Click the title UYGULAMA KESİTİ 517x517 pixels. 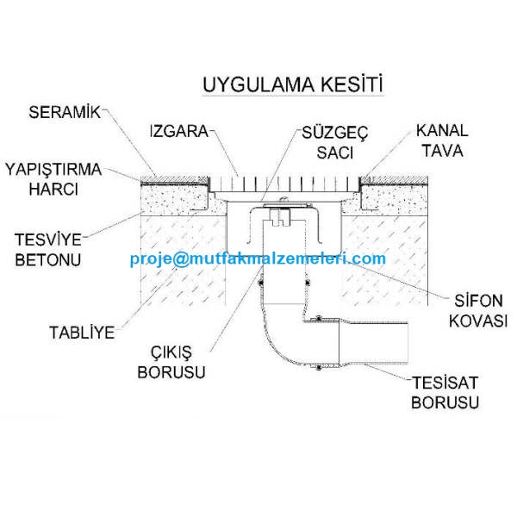click(x=293, y=84)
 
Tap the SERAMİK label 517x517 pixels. click(x=65, y=112)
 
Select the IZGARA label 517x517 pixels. click(x=179, y=131)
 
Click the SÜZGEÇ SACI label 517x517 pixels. click(x=334, y=142)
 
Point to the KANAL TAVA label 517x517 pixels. click(x=442, y=140)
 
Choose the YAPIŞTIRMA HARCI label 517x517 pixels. click(x=53, y=179)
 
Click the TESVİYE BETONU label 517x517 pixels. click(x=48, y=250)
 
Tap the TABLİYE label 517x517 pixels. click(x=82, y=333)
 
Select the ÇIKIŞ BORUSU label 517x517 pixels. click(x=171, y=362)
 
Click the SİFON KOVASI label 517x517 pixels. click(x=478, y=310)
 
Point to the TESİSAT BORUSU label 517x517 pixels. click(x=445, y=392)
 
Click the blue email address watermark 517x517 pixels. click(x=258, y=258)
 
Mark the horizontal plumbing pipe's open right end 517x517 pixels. click(x=408, y=343)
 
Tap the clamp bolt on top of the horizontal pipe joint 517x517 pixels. click(x=319, y=318)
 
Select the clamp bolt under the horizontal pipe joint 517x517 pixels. click(x=319, y=368)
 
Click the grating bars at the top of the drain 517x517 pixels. click(x=284, y=184)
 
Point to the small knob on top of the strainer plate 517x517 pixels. click(x=283, y=200)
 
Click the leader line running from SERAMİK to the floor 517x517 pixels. click(x=129, y=142)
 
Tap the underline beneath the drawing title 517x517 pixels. click(x=293, y=96)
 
